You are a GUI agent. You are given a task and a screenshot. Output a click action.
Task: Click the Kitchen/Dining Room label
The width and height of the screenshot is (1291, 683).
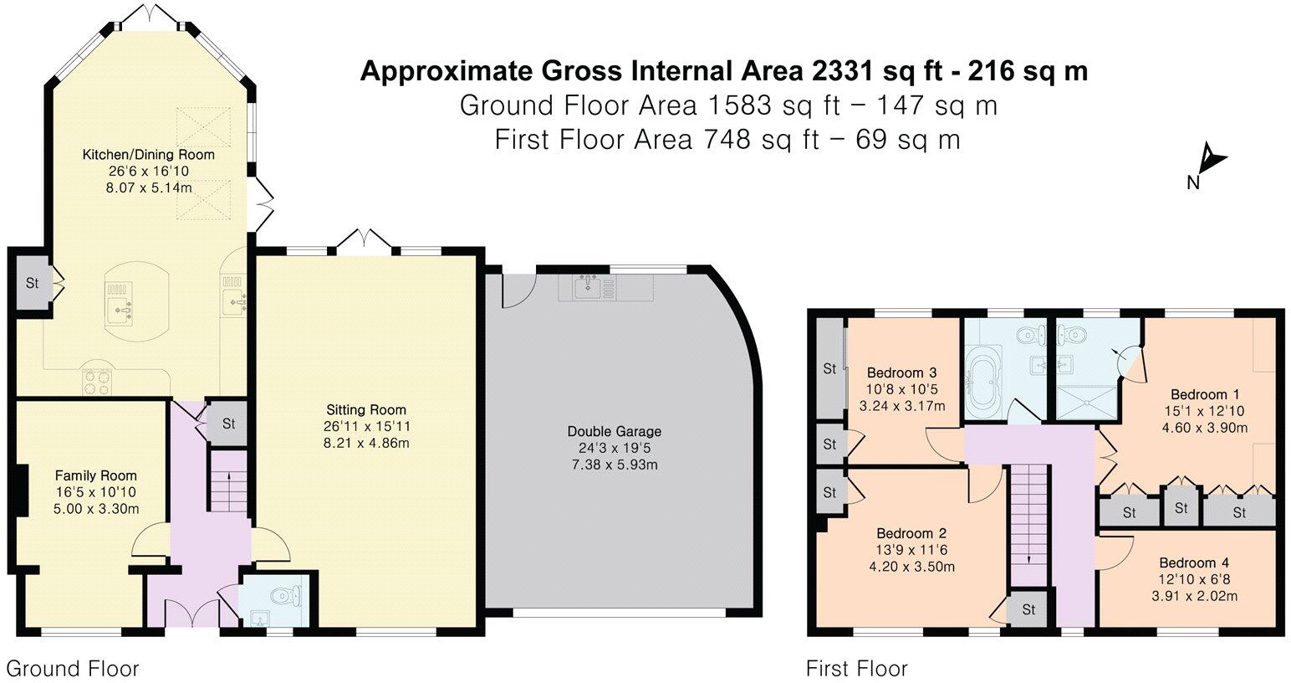coord(148,155)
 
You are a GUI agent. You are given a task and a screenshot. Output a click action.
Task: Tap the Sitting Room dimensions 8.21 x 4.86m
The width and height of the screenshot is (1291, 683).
coord(366,443)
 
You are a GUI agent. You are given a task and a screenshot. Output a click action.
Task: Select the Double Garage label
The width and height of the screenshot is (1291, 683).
coord(614,432)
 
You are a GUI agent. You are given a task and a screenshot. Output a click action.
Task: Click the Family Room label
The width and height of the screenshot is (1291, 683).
coord(96,475)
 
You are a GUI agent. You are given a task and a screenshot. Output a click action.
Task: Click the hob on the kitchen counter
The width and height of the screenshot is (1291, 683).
coord(97,382)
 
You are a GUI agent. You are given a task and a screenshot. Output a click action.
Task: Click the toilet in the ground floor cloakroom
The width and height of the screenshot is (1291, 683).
coord(283,597)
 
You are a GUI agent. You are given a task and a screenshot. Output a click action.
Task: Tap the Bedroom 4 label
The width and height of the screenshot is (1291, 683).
coord(1193,563)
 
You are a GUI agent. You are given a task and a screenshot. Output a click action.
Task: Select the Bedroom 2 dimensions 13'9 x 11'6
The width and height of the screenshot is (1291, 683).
coord(911,550)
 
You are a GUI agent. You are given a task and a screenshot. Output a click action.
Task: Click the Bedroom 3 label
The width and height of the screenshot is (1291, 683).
coord(901,373)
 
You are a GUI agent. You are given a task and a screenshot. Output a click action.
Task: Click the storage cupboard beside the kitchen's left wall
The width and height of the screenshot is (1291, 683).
coord(32,283)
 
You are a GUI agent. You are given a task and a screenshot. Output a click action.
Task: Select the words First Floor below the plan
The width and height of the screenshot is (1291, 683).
coord(856,669)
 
